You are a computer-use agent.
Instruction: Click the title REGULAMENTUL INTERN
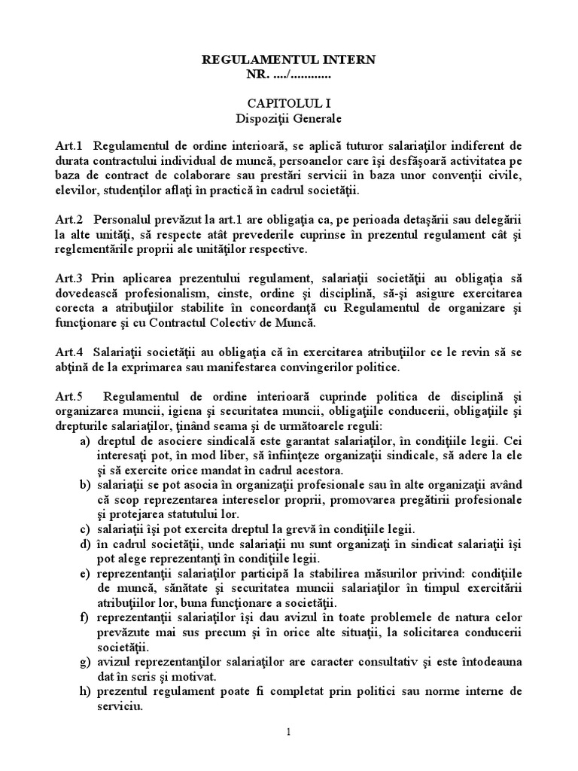click(288, 59)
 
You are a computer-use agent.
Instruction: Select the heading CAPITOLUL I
click(288, 102)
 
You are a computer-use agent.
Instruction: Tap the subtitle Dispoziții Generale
click(288, 118)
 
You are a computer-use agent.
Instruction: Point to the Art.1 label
click(68, 145)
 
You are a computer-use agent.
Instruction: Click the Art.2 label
click(68, 218)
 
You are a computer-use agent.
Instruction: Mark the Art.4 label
click(68, 351)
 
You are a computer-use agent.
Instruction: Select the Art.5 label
click(68, 396)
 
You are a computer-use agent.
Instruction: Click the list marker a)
click(86, 440)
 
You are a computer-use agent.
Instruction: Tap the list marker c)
click(86, 529)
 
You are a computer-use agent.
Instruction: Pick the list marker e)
click(86, 574)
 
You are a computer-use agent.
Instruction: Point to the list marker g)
click(86, 662)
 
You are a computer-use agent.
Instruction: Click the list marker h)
click(86, 691)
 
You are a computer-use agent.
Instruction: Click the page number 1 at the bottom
click(288, 732)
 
